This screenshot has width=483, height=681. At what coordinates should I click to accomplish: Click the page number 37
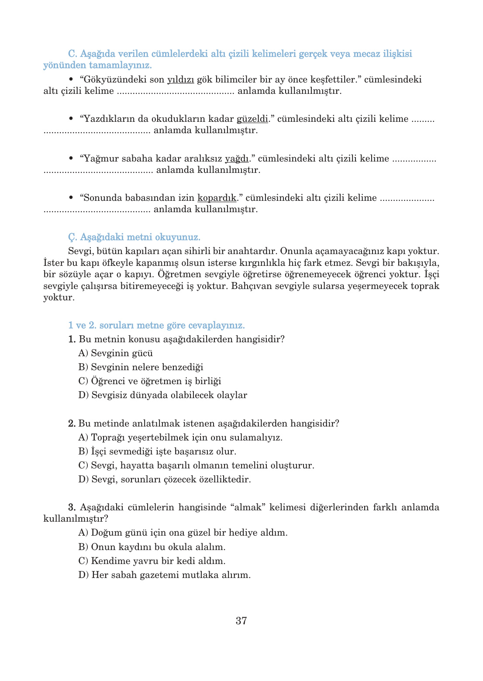point(241,620)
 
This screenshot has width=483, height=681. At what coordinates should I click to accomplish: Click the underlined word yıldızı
point(180,79)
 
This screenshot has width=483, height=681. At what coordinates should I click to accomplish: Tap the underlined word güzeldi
point(252,119)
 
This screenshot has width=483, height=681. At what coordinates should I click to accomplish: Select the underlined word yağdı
point(237,158)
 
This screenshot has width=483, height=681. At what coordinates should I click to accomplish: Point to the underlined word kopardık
point(217,198)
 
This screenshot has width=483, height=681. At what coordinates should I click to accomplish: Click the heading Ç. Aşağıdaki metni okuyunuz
point(134,237)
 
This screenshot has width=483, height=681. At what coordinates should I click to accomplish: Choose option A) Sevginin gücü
point(115,353)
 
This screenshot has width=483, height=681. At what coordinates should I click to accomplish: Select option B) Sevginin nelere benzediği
point(141,367)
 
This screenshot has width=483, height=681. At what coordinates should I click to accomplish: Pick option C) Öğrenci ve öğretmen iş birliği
point(149,381)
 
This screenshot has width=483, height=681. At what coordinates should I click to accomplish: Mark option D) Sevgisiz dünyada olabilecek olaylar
point(162,395)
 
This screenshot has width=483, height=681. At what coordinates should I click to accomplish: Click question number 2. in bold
point(72,423)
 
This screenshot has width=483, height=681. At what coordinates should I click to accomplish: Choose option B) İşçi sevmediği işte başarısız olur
point(157,451)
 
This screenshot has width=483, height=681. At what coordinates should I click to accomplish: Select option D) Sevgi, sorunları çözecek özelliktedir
point(165,479)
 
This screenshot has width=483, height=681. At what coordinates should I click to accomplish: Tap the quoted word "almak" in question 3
point(248,507)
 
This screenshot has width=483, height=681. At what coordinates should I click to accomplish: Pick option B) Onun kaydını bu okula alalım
point(152,547)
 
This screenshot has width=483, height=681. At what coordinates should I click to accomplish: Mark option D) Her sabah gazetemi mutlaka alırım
point(164,575)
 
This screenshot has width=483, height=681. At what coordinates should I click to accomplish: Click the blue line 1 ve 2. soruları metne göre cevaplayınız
point(156,325)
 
